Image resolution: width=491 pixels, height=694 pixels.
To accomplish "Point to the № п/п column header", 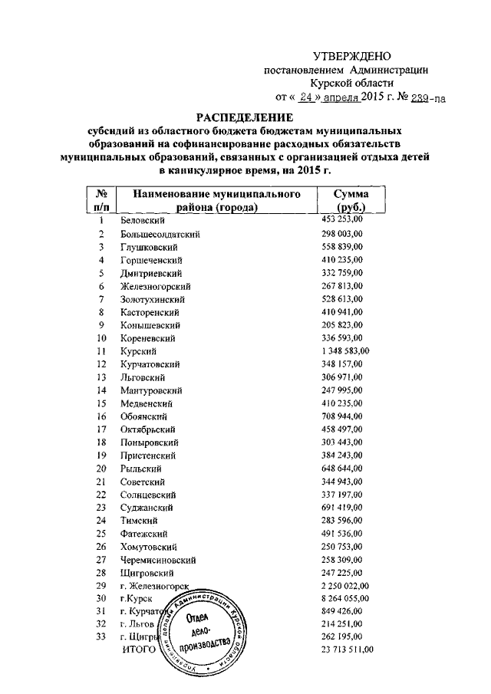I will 101,201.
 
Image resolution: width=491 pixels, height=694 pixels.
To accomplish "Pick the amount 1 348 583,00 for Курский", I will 345,350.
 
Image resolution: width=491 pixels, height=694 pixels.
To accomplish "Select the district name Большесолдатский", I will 160,233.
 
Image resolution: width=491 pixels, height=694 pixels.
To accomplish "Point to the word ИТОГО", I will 139,650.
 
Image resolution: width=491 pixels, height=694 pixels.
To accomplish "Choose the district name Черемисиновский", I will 160,559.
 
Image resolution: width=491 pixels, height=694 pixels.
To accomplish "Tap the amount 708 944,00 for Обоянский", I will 342,416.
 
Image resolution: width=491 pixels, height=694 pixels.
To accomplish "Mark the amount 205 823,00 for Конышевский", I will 342,324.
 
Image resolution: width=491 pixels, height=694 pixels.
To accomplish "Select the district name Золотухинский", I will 153,298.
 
